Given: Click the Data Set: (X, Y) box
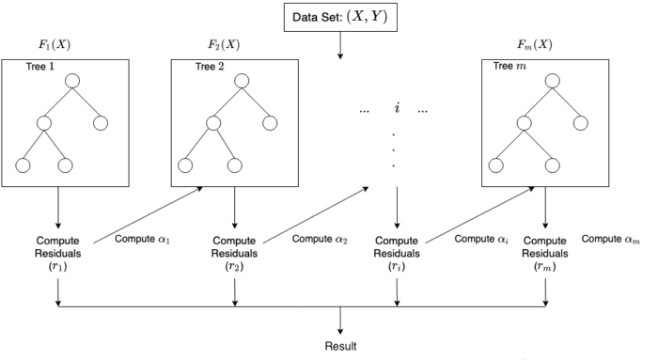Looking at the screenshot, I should coord(340,17).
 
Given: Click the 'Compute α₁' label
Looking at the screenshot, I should coord(141,239).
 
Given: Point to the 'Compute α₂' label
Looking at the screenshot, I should coord(319,239).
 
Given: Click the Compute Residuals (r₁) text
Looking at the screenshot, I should coord(59,253).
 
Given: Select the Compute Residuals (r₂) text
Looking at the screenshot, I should coord(234,253).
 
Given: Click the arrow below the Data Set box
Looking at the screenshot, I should coord(340,47).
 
